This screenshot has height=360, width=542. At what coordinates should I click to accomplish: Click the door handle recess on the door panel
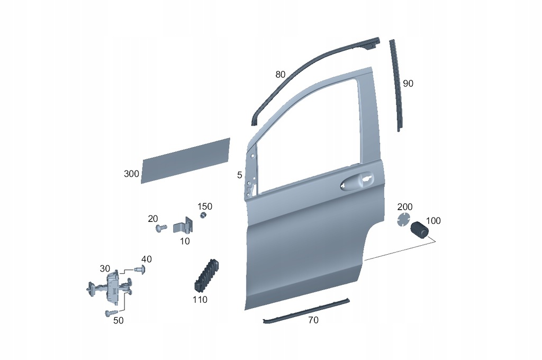click(x=357, y=181)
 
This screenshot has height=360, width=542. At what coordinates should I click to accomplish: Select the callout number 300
click(x=131, y=174)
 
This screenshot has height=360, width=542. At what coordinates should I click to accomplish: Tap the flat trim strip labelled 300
click(x=186, y=160)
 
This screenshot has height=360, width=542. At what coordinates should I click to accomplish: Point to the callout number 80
click(x=281, y=74)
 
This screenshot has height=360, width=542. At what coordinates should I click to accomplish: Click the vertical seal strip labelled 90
click(x=396, y=85)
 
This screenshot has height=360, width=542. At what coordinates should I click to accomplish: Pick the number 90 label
click(x=408, y=84)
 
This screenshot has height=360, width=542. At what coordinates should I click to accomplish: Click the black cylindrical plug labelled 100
click(x=419, y=230)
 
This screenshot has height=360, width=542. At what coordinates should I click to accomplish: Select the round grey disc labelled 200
click(x=403, y=220)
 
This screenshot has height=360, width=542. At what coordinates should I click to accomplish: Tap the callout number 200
click(x=405, y=207)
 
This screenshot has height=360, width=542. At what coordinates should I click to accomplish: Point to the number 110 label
click(x=200, y=300)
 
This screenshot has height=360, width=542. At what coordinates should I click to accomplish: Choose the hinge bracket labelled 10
click(x=184, y=226)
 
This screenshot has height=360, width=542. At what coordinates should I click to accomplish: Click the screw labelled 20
click(x=161, y=228)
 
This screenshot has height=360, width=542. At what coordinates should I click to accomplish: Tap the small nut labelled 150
click(x=204, y=216)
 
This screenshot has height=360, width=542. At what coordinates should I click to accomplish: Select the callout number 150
click(x=205, y=206)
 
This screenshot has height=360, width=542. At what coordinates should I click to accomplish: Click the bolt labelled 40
click(x=140, y=269)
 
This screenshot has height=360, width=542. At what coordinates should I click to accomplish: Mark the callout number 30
click(x=105, y=269)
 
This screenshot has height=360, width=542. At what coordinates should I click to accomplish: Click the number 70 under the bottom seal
click(x=313, y=321)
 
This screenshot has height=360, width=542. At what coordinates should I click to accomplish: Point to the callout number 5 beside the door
click(x=240, y=175)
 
